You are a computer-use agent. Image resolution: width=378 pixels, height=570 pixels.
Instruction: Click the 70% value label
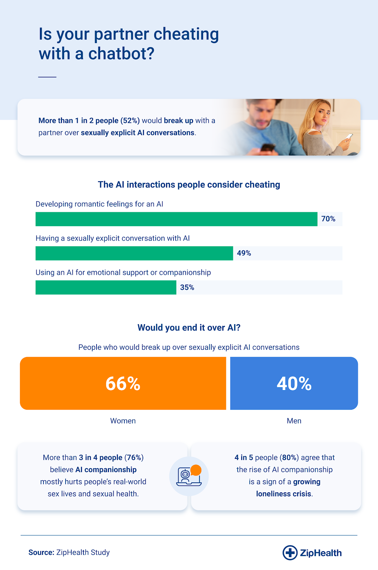click(328, 219)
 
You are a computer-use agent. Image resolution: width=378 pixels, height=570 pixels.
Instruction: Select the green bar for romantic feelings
click(176, 219)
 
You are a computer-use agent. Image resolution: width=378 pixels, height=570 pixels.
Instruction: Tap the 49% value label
click(244, 253)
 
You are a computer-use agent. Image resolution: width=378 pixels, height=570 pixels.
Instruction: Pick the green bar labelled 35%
click(106, 287)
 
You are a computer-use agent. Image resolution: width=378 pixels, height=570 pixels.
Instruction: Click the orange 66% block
click(123, 383)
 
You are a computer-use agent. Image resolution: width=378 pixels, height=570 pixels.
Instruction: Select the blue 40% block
click(294, 383)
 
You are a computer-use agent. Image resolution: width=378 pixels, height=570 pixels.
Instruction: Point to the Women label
click(123, 421)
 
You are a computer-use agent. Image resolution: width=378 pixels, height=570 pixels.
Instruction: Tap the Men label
click(294, 421)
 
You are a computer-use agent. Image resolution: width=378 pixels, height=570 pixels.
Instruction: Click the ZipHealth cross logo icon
click(290, 553)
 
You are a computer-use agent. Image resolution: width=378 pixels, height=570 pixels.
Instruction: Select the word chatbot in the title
click(121, 54)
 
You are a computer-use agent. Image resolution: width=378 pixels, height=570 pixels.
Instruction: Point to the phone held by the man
click(267, 147)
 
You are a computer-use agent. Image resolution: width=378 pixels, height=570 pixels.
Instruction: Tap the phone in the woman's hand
click(349, 137)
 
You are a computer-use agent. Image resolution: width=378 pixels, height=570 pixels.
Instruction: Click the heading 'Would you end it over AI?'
click(189, 328)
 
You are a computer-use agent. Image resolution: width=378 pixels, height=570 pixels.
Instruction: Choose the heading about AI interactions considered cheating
click(189, 185)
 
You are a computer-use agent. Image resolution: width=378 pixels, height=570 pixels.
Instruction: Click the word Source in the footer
click(41, 553)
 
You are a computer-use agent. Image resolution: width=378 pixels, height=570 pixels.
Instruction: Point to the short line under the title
click(47, 77)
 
